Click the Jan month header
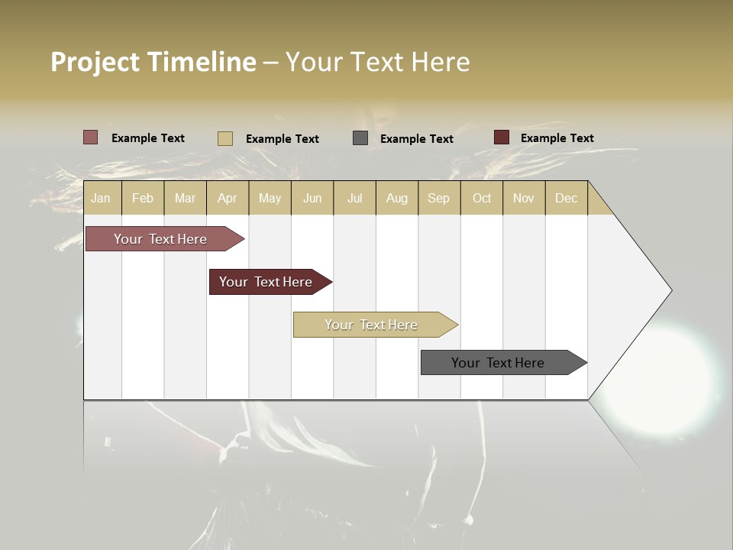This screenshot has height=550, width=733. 101,198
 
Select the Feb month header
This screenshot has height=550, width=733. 143,198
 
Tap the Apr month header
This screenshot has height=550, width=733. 227,198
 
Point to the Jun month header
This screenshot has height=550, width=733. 312,198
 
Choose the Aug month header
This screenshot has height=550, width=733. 396,198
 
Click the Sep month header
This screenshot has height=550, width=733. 438,198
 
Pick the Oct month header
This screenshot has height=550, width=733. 482,198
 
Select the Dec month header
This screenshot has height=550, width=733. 566,198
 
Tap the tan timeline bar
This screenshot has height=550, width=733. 372,325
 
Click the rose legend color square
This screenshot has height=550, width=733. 91,137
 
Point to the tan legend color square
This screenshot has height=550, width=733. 225,138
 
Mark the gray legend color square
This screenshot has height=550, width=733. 360,138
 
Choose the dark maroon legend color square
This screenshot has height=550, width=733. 501,137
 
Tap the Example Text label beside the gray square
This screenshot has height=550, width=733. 417,138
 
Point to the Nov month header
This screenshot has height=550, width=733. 524,198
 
